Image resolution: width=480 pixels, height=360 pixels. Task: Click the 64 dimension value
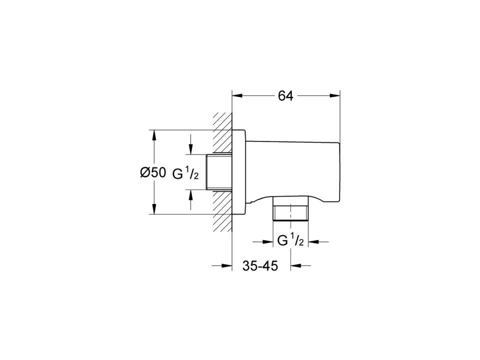[285, 96]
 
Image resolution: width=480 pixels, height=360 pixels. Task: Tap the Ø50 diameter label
[153, 173]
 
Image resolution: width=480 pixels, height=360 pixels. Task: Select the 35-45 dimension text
[260, 265]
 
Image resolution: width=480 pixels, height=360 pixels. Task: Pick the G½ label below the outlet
[290, 240]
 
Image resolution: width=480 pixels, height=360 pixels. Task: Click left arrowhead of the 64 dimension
[237, 96]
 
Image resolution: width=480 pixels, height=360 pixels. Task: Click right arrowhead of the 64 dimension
[335, 96]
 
